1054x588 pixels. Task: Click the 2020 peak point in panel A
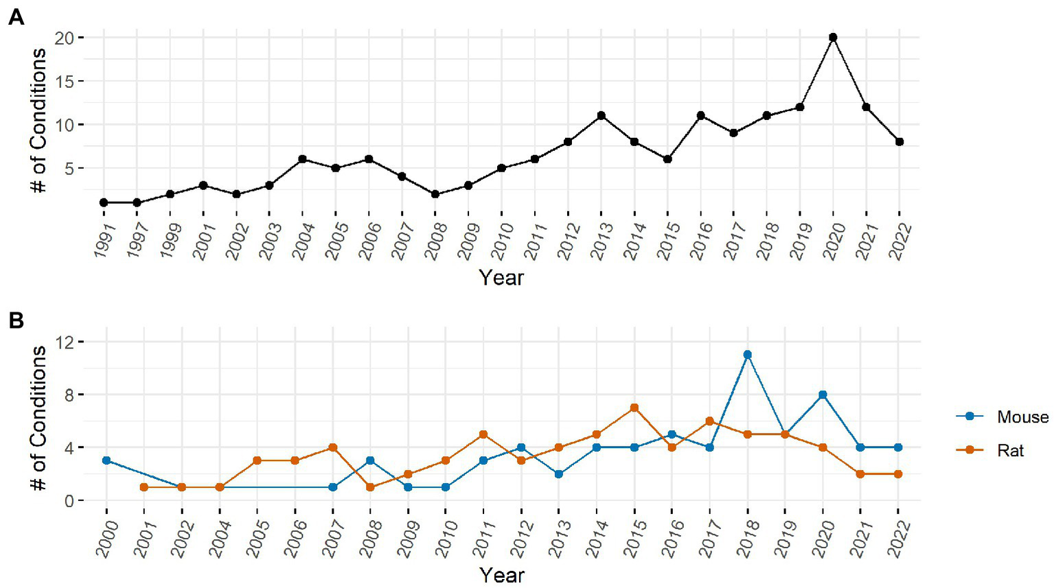[833, 37]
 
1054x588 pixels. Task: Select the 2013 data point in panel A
[601, 115]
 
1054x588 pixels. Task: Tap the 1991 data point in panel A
[104, 202]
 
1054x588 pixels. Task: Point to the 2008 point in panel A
[435, 194]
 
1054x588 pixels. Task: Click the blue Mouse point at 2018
[747, 355]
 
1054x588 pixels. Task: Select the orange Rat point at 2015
[634, 408]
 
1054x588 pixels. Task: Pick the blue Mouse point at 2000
[106, 460]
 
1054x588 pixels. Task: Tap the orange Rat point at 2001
[144, 487]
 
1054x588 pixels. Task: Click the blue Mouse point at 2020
[823, 395]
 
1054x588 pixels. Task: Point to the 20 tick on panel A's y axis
[64, 38]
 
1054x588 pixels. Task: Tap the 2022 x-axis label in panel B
[899, 539]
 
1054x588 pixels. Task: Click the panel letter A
[16, 17]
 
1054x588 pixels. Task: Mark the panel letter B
[16, 320]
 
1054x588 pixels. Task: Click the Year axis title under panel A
[501, 278]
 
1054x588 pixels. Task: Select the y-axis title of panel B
[38, 419]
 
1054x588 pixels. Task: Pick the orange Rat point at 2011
[483, 434]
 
